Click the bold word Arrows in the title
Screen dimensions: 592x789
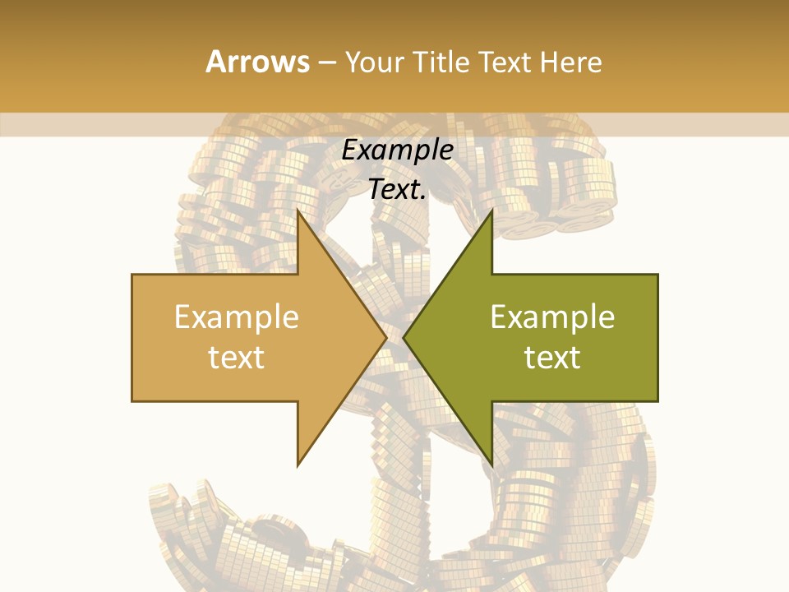(257, 62)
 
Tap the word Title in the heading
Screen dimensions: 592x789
(441, 62)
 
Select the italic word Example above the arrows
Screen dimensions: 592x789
(398, 150)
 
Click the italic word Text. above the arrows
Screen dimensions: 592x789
(398, 189)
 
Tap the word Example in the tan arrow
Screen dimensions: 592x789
(237, 317)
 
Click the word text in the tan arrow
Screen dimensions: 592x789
(237, 358)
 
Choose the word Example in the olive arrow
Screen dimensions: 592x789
(552, 317)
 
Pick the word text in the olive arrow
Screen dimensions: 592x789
(552, 358)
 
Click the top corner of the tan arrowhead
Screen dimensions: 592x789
(298, 210)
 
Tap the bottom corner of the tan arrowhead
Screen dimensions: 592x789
(298, 465)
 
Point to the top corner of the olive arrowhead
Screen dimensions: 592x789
(491, 210)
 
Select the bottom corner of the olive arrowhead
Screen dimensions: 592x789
(491, 465)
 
